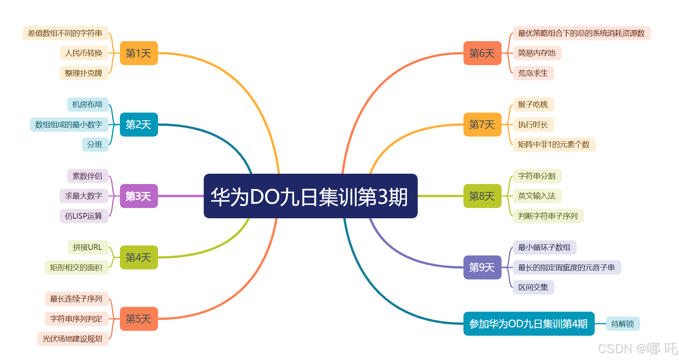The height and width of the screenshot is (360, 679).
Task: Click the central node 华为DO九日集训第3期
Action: [311, 196]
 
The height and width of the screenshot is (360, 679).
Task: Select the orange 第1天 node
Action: [139, 53]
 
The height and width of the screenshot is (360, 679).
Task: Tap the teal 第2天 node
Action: [139, 125]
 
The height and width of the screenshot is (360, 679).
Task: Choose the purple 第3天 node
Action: [139, 196]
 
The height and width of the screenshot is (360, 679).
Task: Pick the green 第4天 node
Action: [139, 258]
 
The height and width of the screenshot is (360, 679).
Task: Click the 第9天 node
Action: [482, 267]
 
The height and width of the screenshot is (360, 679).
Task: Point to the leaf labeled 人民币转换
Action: [84, 53]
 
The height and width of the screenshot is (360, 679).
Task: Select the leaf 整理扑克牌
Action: [84, 73]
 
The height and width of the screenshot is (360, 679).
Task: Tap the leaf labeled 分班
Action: [95, 144]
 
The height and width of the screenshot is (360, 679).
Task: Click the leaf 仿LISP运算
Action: [84, 216]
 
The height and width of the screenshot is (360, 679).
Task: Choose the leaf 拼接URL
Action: [88, 247]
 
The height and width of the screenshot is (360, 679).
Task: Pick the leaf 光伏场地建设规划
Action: [72, 339]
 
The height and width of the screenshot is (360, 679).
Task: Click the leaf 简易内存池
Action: [537, 53]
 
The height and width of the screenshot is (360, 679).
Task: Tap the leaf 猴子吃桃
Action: [533, 104]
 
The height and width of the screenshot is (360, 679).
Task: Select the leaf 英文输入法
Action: [537, 196]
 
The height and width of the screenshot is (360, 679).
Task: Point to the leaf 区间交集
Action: [533, 287]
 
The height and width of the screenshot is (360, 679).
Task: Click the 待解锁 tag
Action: [623, 324]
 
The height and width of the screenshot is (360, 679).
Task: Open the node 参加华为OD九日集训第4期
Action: [528, 324]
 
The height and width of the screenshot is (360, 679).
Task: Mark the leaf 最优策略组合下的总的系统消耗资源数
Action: [581, 33]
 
